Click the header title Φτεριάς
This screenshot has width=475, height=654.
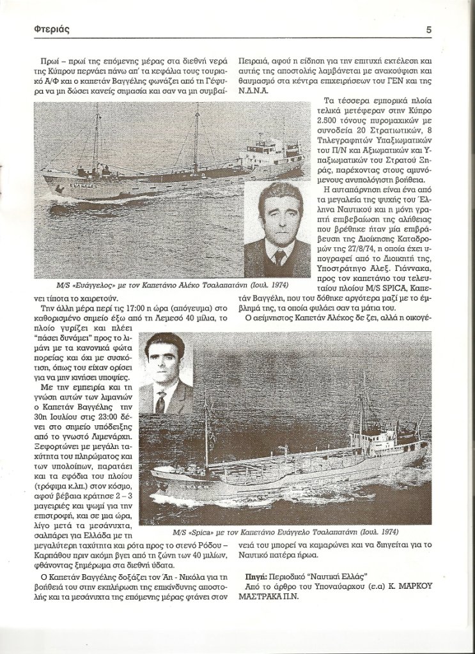click(x=52, y=29)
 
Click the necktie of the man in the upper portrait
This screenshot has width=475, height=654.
click(x=279, y=257)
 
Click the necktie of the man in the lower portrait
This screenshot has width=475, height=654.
click(x=161, y=402)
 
